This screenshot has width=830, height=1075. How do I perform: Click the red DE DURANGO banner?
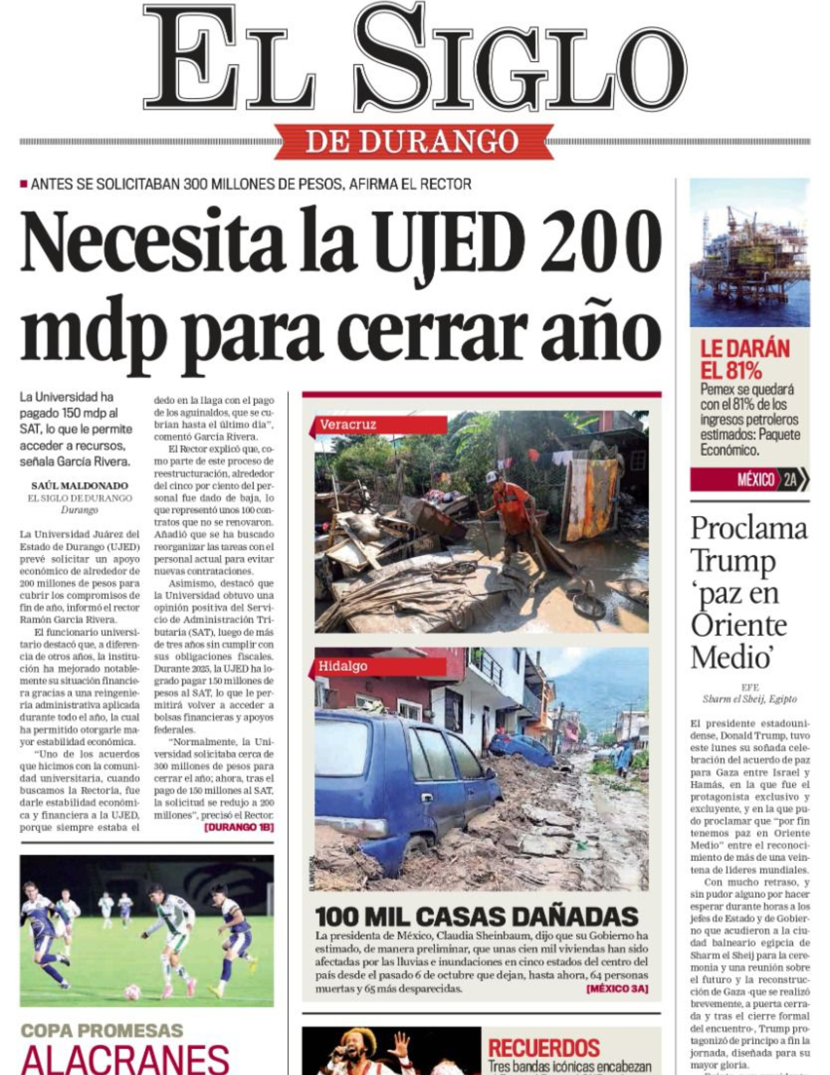[x=413, y=141]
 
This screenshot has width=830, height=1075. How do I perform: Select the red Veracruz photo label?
[x=379, y=425]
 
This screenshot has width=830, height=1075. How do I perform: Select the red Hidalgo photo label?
[x=378, y=666]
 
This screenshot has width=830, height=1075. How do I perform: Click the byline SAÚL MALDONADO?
[x=80, y=486]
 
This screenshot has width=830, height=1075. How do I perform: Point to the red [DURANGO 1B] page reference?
[x=239, y=828]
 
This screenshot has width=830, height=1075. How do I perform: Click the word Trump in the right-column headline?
[x=733, y=561]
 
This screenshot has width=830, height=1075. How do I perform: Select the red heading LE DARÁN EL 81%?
[x=745, y=360]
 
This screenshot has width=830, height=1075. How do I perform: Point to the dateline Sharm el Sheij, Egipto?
[x=749, y=699]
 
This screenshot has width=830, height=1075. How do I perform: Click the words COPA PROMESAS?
[x=102, y=1030]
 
